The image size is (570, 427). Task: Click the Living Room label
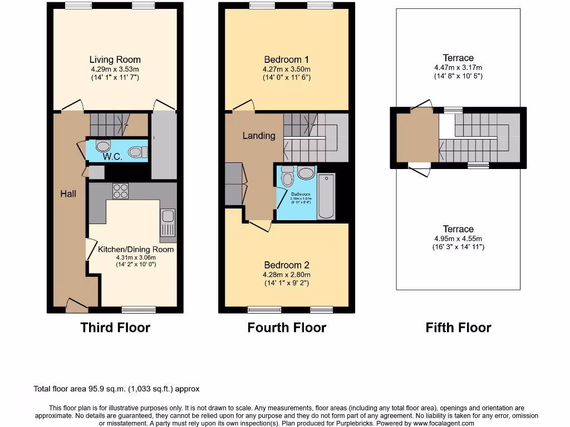(x=115, y=59)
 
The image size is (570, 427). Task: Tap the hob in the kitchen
(x=121, y=191)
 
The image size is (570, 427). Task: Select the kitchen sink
(x=168, y=222)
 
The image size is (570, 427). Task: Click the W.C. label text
(x=112, y=157)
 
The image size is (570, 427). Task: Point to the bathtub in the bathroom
(x=326, y=196)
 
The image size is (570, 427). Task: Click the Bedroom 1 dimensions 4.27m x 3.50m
(x=287, y=69)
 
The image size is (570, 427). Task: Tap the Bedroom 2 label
(x=287, y=265)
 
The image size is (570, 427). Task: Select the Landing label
(x=259, y=136)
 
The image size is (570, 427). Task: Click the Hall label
(x=68, y=193)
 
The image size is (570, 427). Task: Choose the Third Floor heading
(x=115, y=327)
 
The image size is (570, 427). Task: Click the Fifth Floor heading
(x=458, y=327)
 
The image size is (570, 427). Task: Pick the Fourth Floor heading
(x=287, y=327)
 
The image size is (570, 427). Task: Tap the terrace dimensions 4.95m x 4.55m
(x=458, y=239)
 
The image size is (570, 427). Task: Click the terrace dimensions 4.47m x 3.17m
(x=458, y=67)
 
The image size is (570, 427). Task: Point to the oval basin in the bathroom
(x=306, y=173)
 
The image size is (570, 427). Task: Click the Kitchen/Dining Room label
(x=136, y=249)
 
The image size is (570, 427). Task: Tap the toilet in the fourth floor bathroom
(x=288, y=177)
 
